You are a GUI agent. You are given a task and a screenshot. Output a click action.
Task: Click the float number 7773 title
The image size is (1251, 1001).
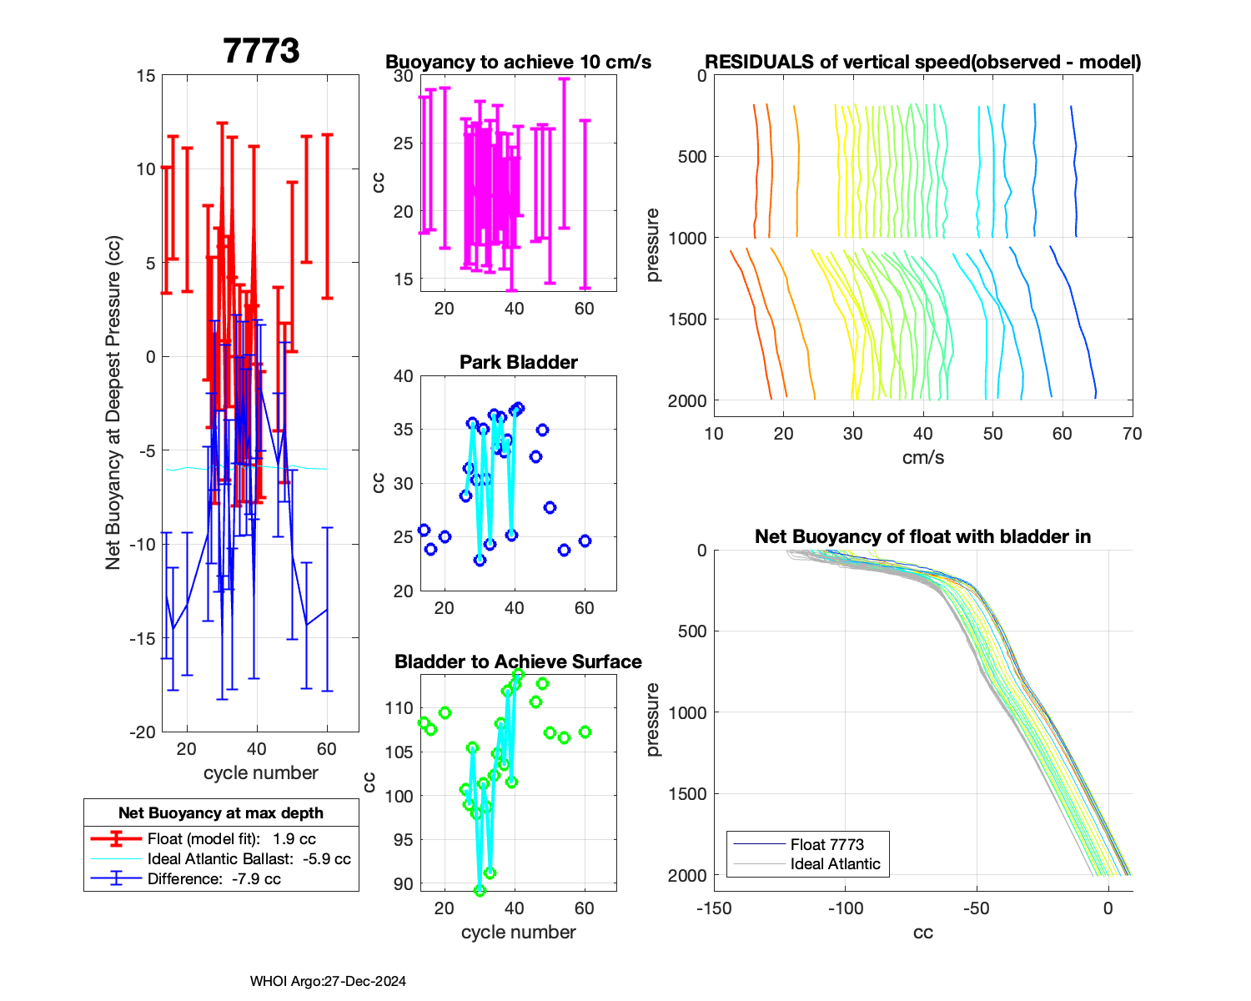click(x=261, y=51)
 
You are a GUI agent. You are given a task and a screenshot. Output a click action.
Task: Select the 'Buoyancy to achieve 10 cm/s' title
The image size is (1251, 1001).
click(x=518, y=63)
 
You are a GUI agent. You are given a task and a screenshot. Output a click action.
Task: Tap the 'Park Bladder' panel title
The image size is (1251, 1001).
click(x=518, y=362)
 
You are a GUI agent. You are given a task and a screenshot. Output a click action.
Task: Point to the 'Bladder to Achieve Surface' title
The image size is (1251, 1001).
click(x=518, y=661)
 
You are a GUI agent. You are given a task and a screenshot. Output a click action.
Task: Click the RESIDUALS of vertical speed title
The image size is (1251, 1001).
click(x=922, y=63)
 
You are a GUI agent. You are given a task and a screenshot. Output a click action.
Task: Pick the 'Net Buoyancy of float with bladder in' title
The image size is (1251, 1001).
click(x=922, y=537)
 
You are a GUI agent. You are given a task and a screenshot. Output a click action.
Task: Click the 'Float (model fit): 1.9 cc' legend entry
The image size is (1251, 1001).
click(x=231, y=839)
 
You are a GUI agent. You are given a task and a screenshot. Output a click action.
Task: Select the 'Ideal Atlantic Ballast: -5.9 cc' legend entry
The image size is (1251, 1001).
click(x=249, y=859)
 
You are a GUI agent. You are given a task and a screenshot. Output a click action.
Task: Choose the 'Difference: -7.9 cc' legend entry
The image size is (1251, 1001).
click(x=214, y=879)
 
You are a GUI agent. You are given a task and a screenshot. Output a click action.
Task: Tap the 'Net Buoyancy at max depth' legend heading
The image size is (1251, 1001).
click(x=221, y=813)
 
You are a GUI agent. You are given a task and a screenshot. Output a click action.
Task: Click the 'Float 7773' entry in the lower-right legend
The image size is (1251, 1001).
click(x=826, y=845)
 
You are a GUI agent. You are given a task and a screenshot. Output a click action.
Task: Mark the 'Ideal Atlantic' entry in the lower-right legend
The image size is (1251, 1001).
click(x=835, y=864)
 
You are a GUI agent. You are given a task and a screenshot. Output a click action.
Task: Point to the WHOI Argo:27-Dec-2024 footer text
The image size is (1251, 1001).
click(x=328, y=982)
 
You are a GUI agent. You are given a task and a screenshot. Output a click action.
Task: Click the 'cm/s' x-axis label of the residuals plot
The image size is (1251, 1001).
click(x=922, y=458)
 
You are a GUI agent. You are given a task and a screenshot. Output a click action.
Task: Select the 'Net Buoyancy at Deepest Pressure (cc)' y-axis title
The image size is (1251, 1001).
click(x=113, y=403)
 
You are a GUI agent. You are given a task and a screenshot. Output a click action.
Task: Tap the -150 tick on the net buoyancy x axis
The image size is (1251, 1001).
click(x=714, y=908)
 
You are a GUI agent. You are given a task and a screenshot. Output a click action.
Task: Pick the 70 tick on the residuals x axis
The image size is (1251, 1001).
click(x=1132, y=434)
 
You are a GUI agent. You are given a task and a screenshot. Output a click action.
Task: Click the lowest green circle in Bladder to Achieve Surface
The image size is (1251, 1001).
click(x=480, y=891)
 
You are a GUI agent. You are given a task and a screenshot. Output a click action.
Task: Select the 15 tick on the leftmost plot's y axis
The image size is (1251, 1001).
click(x=146, y=76)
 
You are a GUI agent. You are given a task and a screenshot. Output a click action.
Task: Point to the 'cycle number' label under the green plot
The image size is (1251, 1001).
click(x=518, y=933)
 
